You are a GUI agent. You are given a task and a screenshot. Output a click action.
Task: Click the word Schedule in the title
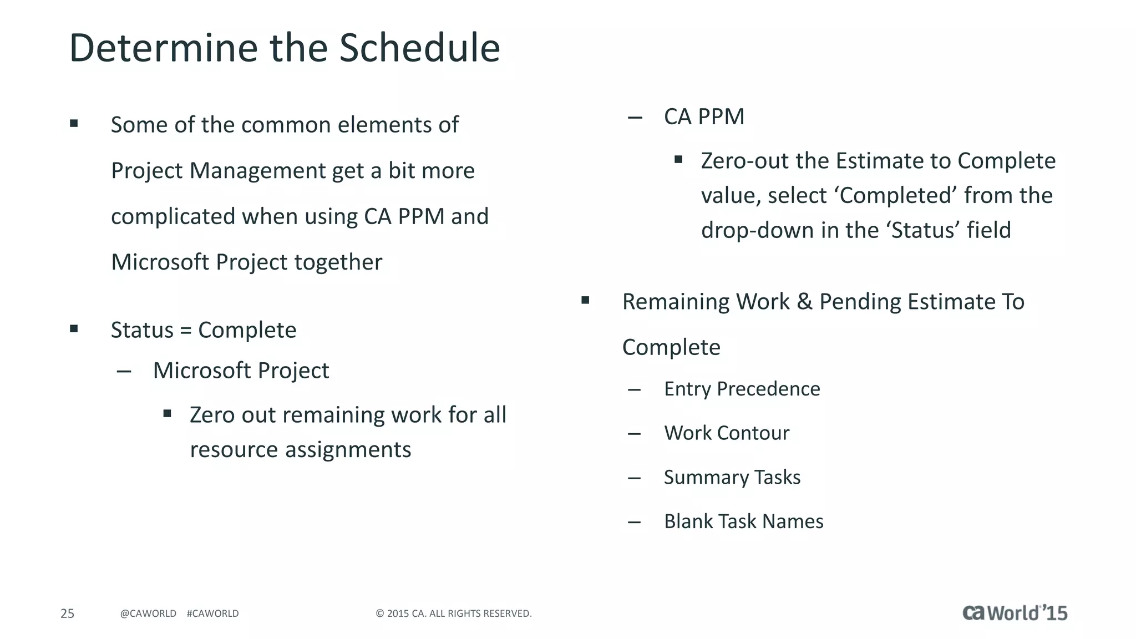pyautogui.click(x=419, y=48)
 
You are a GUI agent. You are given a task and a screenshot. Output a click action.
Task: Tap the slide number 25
pyautogui.click(x=67, y=613)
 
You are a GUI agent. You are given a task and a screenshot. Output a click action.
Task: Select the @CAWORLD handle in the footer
pyautogui.click(x=148, y=613)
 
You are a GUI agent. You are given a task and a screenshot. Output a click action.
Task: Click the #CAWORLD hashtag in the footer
pyautogui.click(x=212, y=613)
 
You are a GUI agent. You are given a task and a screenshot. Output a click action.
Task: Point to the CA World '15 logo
pyautogui.click(x=1015, y=613)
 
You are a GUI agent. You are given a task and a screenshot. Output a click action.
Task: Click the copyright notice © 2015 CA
pyautogui.click(x=453, y=613)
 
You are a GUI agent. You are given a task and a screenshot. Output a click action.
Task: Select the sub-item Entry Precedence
pyautogui.click(x=742, y=389)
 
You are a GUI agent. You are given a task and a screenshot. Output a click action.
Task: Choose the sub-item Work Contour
pyautogui.click(x=727, y=433)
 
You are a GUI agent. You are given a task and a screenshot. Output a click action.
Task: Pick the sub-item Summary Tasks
pyautogui.click(x=732, y=478)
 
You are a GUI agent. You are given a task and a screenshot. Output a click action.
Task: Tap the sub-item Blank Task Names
pyautogui.click(x=743, y=521)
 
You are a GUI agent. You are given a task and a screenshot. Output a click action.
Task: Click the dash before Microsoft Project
pyautogui.click(x=124, y=371)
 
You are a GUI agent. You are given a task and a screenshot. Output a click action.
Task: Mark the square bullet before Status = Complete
pyautogui.click(x=74, y=329)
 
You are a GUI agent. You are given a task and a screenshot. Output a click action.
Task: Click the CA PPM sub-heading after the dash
pyautogui.click(x=704, y=117)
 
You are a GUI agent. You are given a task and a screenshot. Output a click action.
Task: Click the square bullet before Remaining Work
pyautogui.click(x=585, y=301)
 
